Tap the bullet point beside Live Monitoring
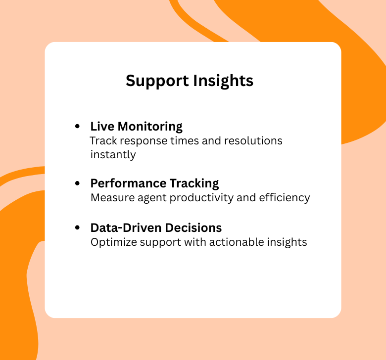(x=77, y=127)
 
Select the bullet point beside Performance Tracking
(x=77, y=183)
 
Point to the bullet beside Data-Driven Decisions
(x=77, y=228)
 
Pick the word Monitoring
(x=150, y=127)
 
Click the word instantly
(x=113, y=154)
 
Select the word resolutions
(x=253, y=140)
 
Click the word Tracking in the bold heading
(x=194, y=183)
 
